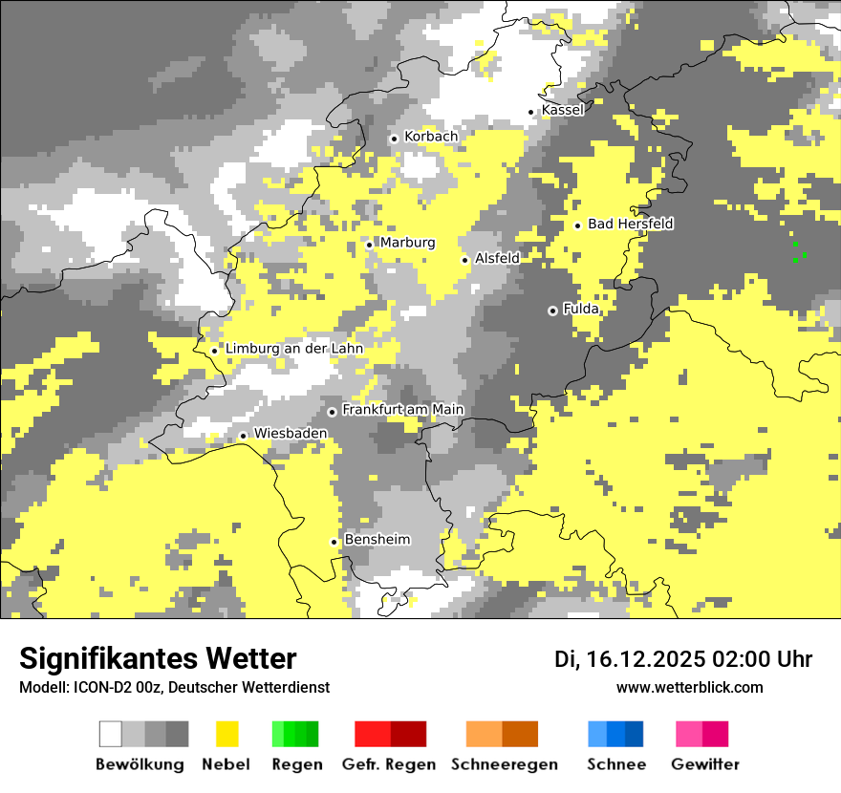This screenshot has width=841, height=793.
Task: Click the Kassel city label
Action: click(x=562, y=110)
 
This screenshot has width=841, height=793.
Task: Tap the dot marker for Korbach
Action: click(x=394, y=139)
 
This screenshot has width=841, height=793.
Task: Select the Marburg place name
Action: click(x=407, y=243)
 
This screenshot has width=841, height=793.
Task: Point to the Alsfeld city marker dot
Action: click(x=465, y=260)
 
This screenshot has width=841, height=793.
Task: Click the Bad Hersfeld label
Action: click(x=630, y=224)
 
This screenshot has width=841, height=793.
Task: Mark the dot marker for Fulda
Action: click(x=552, y=311)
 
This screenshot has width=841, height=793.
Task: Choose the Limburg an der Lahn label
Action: click(x=293, y=349)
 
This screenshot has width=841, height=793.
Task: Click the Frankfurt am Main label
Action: click(x=402, y=410)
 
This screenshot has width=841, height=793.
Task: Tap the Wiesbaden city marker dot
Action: click(x=244, y=436)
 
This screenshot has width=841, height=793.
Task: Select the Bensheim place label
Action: click(x=377, y=540)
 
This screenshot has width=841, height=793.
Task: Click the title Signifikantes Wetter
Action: click(x=158, y=659)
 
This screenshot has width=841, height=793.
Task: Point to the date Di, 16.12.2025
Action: click(x=629, y=659)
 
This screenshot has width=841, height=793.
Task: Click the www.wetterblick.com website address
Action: click(x=689, y=687)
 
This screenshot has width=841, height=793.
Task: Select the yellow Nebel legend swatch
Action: click(x=227, y=734)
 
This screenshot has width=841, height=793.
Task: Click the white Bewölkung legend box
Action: click(x=111, y=734)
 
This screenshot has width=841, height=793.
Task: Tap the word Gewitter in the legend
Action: click(x=704, y=764)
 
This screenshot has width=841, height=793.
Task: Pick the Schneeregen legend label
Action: click(x=504, y=764)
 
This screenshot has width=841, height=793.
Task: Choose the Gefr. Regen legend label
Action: click(x=388, y=764)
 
